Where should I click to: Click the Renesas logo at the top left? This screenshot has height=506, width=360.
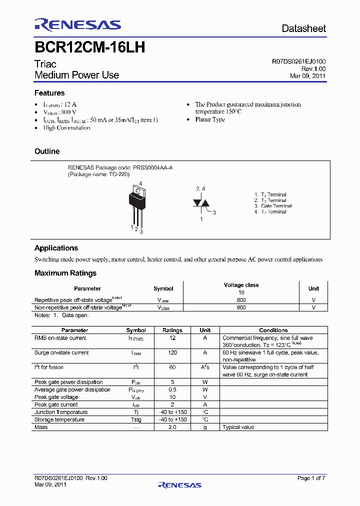point(77,25)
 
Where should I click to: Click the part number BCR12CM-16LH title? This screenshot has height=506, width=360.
point(90,47)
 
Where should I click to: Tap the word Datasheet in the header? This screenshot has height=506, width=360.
point(303,28)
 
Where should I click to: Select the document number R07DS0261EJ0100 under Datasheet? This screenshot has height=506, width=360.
point(298,61)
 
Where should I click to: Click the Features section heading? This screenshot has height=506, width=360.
point(49,93)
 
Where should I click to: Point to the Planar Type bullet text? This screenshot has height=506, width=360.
point(210,120)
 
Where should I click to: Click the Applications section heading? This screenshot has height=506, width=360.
point(56,248)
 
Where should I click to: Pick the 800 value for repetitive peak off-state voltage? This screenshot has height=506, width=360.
point(241,300)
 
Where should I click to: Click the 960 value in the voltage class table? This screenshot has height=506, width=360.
point(241,307)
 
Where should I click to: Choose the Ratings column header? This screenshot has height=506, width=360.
point(172,330)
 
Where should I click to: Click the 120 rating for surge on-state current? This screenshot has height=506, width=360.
point(172,352)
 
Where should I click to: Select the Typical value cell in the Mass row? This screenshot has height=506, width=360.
point(238,427)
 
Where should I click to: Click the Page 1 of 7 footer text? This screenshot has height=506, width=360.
point(311,478)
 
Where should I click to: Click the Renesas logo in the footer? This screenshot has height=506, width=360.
point(179,484)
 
